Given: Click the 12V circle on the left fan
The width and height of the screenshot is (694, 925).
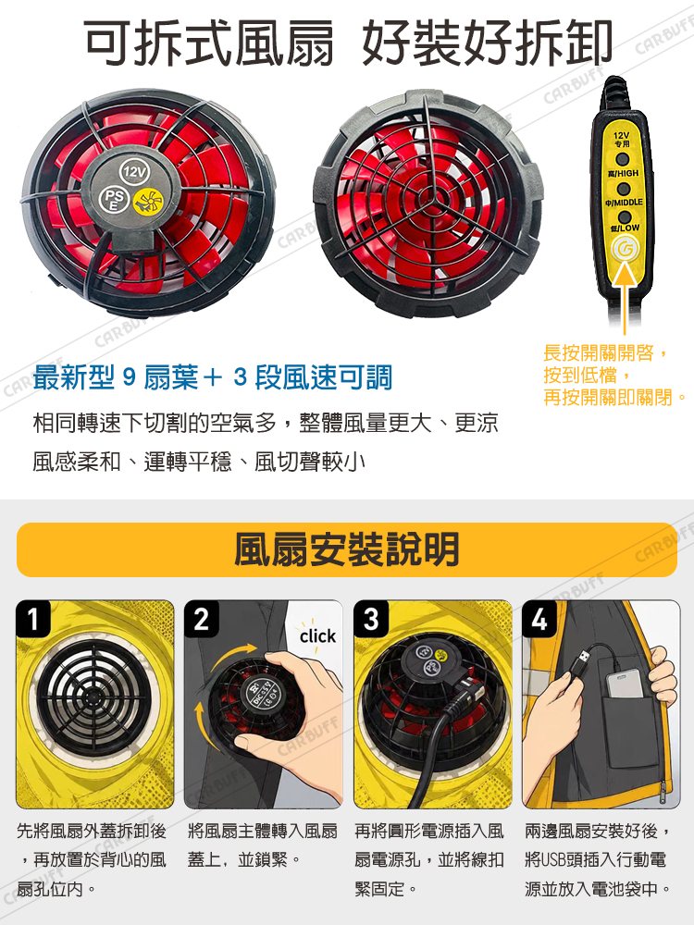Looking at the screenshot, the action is pos(134,172).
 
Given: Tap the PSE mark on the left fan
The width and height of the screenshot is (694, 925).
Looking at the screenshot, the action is pos(114,200).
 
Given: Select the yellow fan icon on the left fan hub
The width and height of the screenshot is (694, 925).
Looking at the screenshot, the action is pos(145,201).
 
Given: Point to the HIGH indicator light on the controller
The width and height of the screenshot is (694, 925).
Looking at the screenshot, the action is pos(622,159).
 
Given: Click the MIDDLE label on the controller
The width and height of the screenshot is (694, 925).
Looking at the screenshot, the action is pos(623,203).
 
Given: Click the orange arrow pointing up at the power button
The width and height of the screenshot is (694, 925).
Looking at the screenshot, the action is pos(625,298).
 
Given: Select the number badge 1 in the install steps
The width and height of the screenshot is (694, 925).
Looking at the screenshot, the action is pos(34,619).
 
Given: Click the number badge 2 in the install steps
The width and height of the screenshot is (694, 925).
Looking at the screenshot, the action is pos(202,619).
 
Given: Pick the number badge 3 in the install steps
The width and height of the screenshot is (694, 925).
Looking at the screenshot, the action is pos(371,619).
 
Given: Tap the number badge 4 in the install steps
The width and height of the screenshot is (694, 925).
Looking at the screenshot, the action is pos(539,619).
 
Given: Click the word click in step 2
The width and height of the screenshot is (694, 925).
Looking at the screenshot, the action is pos(317,636).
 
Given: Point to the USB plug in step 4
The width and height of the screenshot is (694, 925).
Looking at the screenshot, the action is pos(580,661).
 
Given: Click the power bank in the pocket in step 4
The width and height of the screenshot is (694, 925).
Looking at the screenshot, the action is pos(626,684).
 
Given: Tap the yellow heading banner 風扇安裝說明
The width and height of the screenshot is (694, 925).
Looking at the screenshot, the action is pos(347,549).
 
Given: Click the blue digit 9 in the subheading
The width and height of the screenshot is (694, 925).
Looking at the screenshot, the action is pos(130,377).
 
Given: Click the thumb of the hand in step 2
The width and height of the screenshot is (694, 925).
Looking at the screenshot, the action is pos(260,745).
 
